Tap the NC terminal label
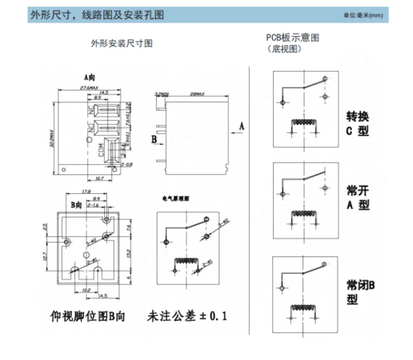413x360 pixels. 91,110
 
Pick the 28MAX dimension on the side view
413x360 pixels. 196,94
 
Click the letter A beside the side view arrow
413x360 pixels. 241,127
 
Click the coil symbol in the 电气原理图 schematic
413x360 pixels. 188,261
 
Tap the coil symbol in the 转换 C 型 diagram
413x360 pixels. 304,123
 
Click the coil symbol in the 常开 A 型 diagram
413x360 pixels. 304,213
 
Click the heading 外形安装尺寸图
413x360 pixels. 122,43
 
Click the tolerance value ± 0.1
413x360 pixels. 212,317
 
